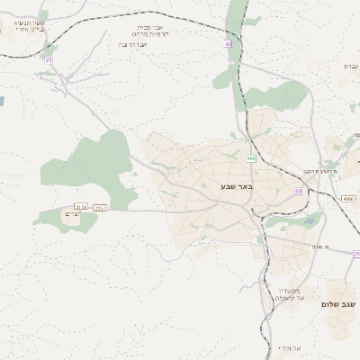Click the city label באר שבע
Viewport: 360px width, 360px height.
pos(237,186)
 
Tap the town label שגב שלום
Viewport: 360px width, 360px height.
pos(339,304)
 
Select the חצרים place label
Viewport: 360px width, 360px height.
pos(73,213)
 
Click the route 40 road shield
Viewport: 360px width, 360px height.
pos(229,43)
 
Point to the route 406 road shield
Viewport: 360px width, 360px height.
pos(251,158)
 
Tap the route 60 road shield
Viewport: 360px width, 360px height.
pos(298,192)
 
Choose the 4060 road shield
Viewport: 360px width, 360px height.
pos(347,198)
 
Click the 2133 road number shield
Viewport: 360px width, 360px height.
pos(81,207)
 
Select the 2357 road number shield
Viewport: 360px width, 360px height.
pos(100,207)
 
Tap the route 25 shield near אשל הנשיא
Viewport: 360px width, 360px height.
pos(49,59)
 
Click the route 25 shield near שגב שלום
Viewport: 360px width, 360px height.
pos(356,253)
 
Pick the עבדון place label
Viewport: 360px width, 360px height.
pos(350,66)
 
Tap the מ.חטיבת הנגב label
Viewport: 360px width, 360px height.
pos(319,170)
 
